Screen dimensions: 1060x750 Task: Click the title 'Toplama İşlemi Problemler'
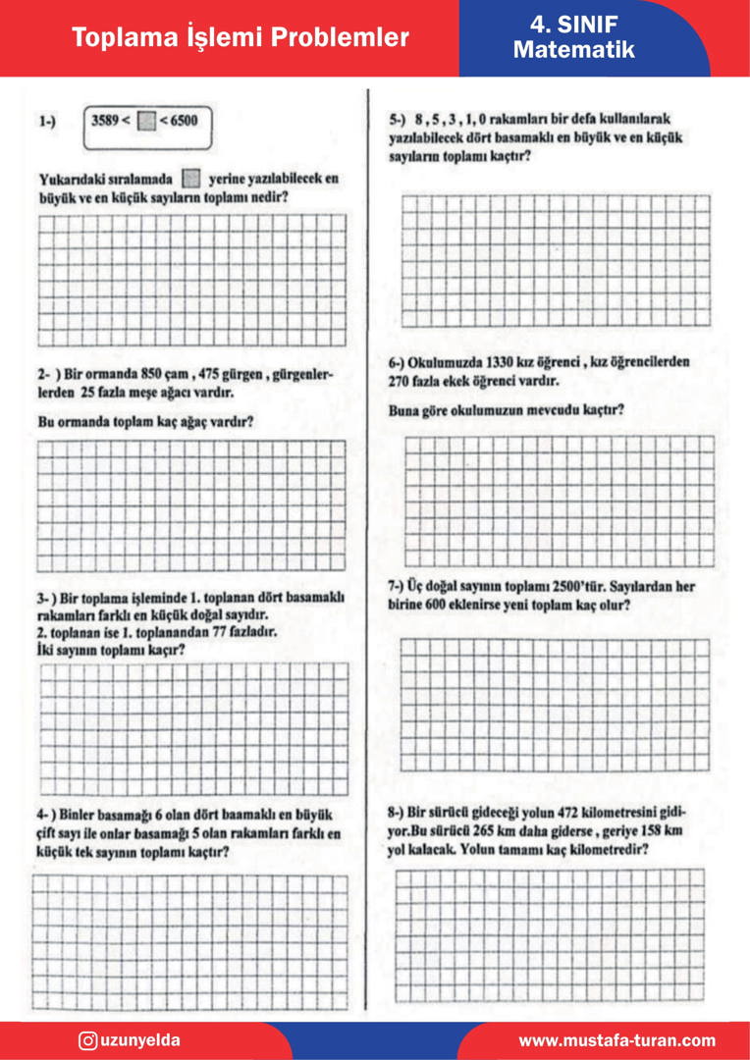241,38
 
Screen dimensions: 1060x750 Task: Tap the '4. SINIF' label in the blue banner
573,25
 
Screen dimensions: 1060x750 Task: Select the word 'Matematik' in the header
573,50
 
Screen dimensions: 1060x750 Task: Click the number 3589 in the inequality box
107,121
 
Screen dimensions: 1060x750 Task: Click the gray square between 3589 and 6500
145,122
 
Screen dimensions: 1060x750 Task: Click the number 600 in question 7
446,606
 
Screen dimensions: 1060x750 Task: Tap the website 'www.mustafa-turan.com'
616,1041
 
